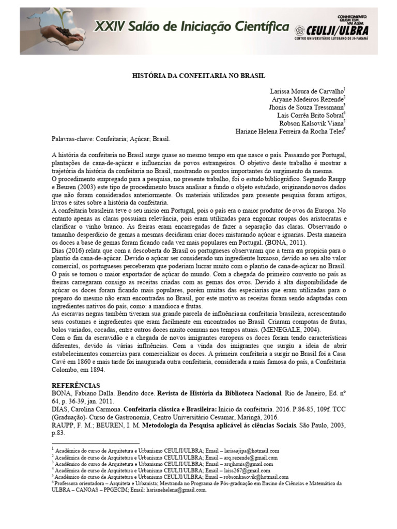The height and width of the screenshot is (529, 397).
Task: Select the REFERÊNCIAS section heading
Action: pyautogui.click(x=78, y=385)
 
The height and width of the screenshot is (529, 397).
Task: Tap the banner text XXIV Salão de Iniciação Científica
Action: pyautogui.click(x=191, y=26)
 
